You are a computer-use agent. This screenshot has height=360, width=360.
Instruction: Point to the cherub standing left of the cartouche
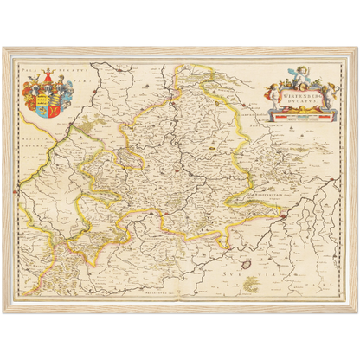(x=273, y=99)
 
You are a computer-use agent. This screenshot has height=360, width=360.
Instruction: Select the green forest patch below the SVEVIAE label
(x=252, y=285)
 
